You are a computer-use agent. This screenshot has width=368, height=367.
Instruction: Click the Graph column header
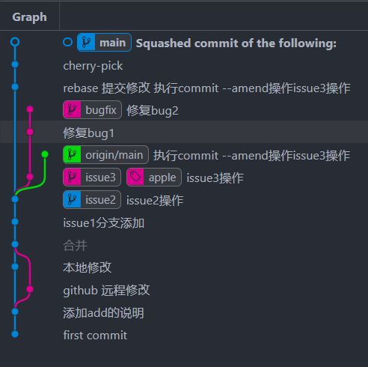pyautogui.click(x=29, y=17)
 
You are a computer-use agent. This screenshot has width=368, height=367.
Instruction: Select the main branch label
pyautogui.click(x=104, y=43)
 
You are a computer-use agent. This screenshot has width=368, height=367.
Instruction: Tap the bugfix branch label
pyautogui.click(x=92, y=110)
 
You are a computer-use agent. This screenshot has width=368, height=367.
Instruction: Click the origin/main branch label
pyautogui.click(x=105, y=155)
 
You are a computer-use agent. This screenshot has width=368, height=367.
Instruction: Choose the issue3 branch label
pyautogui.click(x=92, y=178)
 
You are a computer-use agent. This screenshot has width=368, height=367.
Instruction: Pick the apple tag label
pyautogui.click(x=154, y=178)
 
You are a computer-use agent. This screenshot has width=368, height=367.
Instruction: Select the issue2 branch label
pyautogui.click(x=92, y=200)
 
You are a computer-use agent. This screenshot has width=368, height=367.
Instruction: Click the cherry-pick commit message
pyautogui.click(x=93, y=66)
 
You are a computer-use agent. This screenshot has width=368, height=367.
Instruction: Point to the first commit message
pyautogui.click(x=95, y=335)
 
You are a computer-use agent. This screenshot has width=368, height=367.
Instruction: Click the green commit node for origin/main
pyautogui.click(x=45, y=154)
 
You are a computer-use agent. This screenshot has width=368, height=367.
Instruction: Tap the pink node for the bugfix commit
pyautogui.click(x=30, y=109)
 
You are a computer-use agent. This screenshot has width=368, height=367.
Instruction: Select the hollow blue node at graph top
pyautogui.click(x=15, y=42)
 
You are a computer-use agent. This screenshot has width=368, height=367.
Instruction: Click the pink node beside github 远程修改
pyautogui.click(x=30, y=289)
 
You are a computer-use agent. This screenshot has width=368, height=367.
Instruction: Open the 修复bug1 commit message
pyautogui.click(x=89, y=133)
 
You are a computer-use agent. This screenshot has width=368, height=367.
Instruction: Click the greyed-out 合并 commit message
pyautogui.click(x=75, y=245)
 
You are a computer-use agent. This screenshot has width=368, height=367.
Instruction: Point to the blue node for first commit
pyautogui.click(x=15, y=334)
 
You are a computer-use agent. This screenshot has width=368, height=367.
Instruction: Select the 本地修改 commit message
pyautogui.click(x=88, y=267)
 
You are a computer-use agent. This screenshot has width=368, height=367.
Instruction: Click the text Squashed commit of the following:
pyautogui.click(x=236, y=43)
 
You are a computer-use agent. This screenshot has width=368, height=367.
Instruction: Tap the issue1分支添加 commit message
pyautogui.click(x=104, y=222)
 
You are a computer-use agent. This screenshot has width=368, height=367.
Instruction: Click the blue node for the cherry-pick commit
pyautogui.click(x=15, y=64)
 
